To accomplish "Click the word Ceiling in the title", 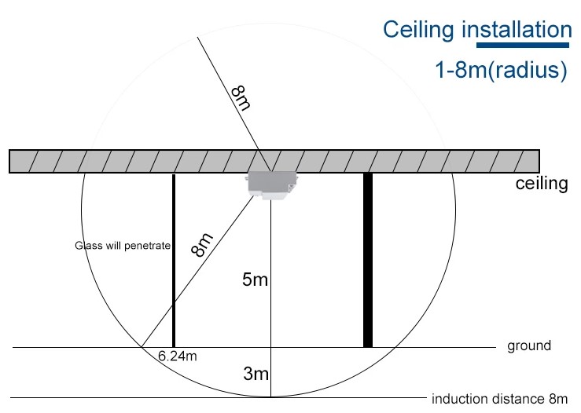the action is pos(418,31).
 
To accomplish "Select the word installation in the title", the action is pos(517,30).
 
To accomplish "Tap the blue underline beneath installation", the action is pos(523,46).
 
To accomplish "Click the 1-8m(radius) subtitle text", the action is pos(501,70).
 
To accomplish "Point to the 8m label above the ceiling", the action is pos(241,98).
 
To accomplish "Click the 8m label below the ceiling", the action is pos(202,245).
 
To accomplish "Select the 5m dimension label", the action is pos(255,280).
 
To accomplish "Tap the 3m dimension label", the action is pos(256,374).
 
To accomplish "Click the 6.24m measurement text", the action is pos(178,356).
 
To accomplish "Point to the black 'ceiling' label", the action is pos(542,184).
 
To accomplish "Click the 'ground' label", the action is pos(529,346).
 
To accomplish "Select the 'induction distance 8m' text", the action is pos(499,399).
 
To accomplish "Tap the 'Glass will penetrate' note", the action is pos(123,245).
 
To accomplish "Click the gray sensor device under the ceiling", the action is pos(271,185).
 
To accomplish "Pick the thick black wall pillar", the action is pos(368,260).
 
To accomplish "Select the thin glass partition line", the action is pos(174,261).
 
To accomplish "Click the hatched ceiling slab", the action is pos(274,161).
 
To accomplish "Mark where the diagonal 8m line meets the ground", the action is pos(142,347).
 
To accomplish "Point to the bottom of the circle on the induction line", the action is pos(271,397).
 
